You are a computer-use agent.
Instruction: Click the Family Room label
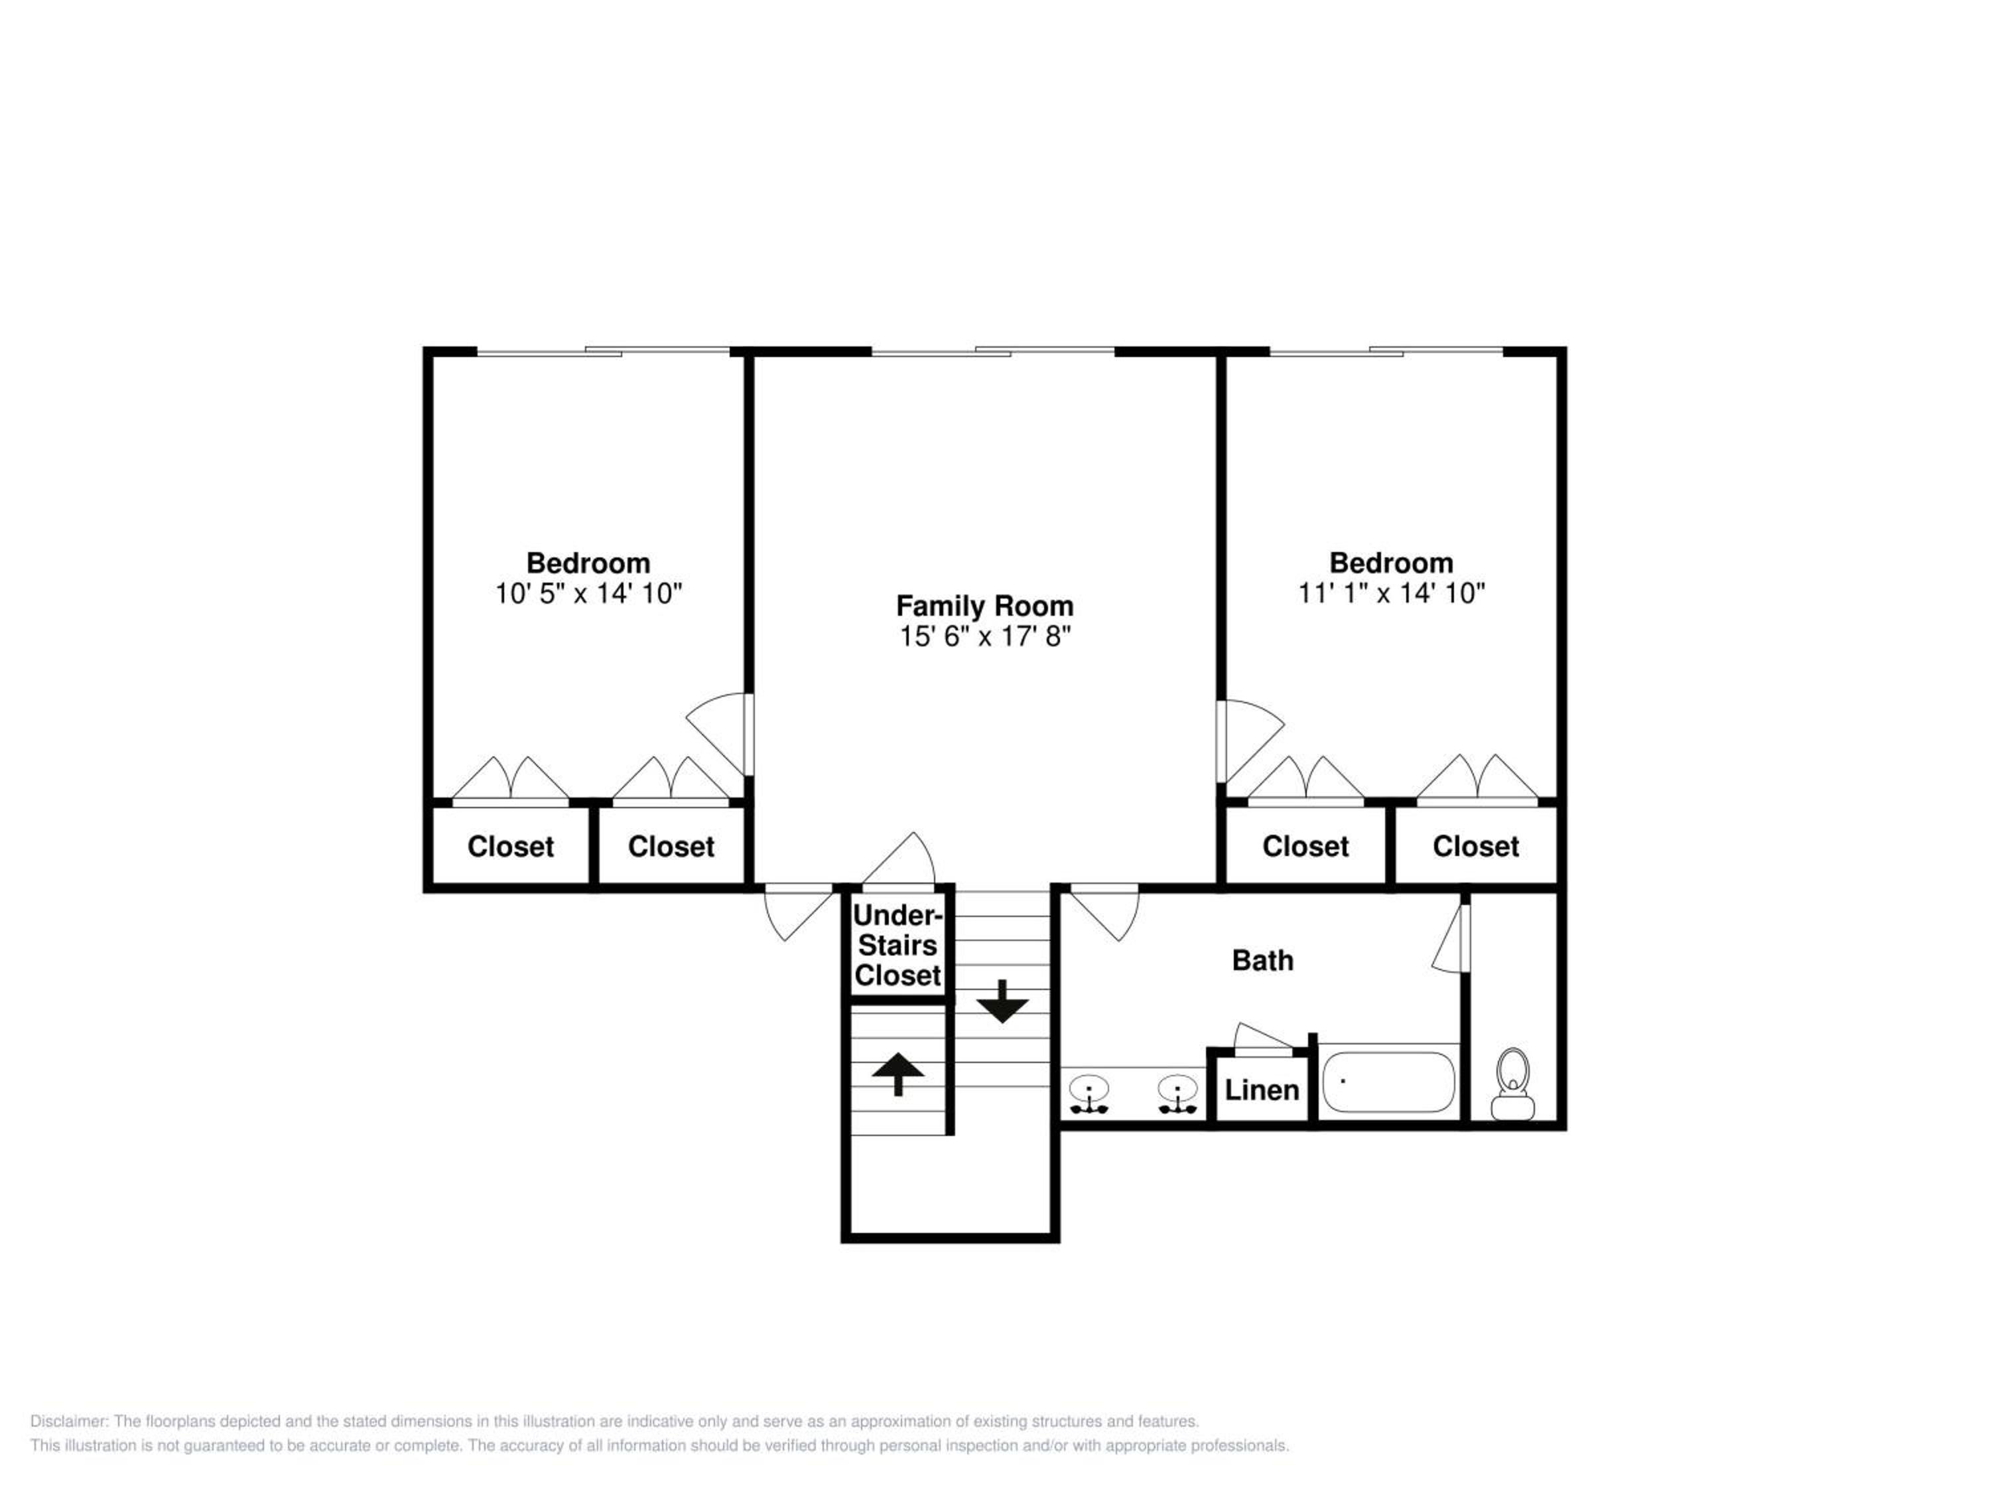[984, 606]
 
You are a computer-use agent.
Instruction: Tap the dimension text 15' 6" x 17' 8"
[985, 637]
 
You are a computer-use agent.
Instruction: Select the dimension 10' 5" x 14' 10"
[588, 594]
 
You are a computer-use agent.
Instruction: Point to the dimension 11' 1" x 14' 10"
[1391, 594]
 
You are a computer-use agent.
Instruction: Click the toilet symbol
[1512, 1084]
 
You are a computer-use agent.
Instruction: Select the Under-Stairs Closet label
[898, 945]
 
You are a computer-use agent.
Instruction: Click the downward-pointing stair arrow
[1002, 1001]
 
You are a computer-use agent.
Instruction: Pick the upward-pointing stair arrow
[899, 1074]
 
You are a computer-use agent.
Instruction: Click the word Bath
[1262, 960]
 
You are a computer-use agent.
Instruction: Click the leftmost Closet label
[510, 847]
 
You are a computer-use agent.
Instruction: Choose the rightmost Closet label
[1475, 847]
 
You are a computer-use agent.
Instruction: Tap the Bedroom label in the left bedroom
[588, 563]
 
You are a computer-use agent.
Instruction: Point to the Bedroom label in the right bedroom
[1391, 563]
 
